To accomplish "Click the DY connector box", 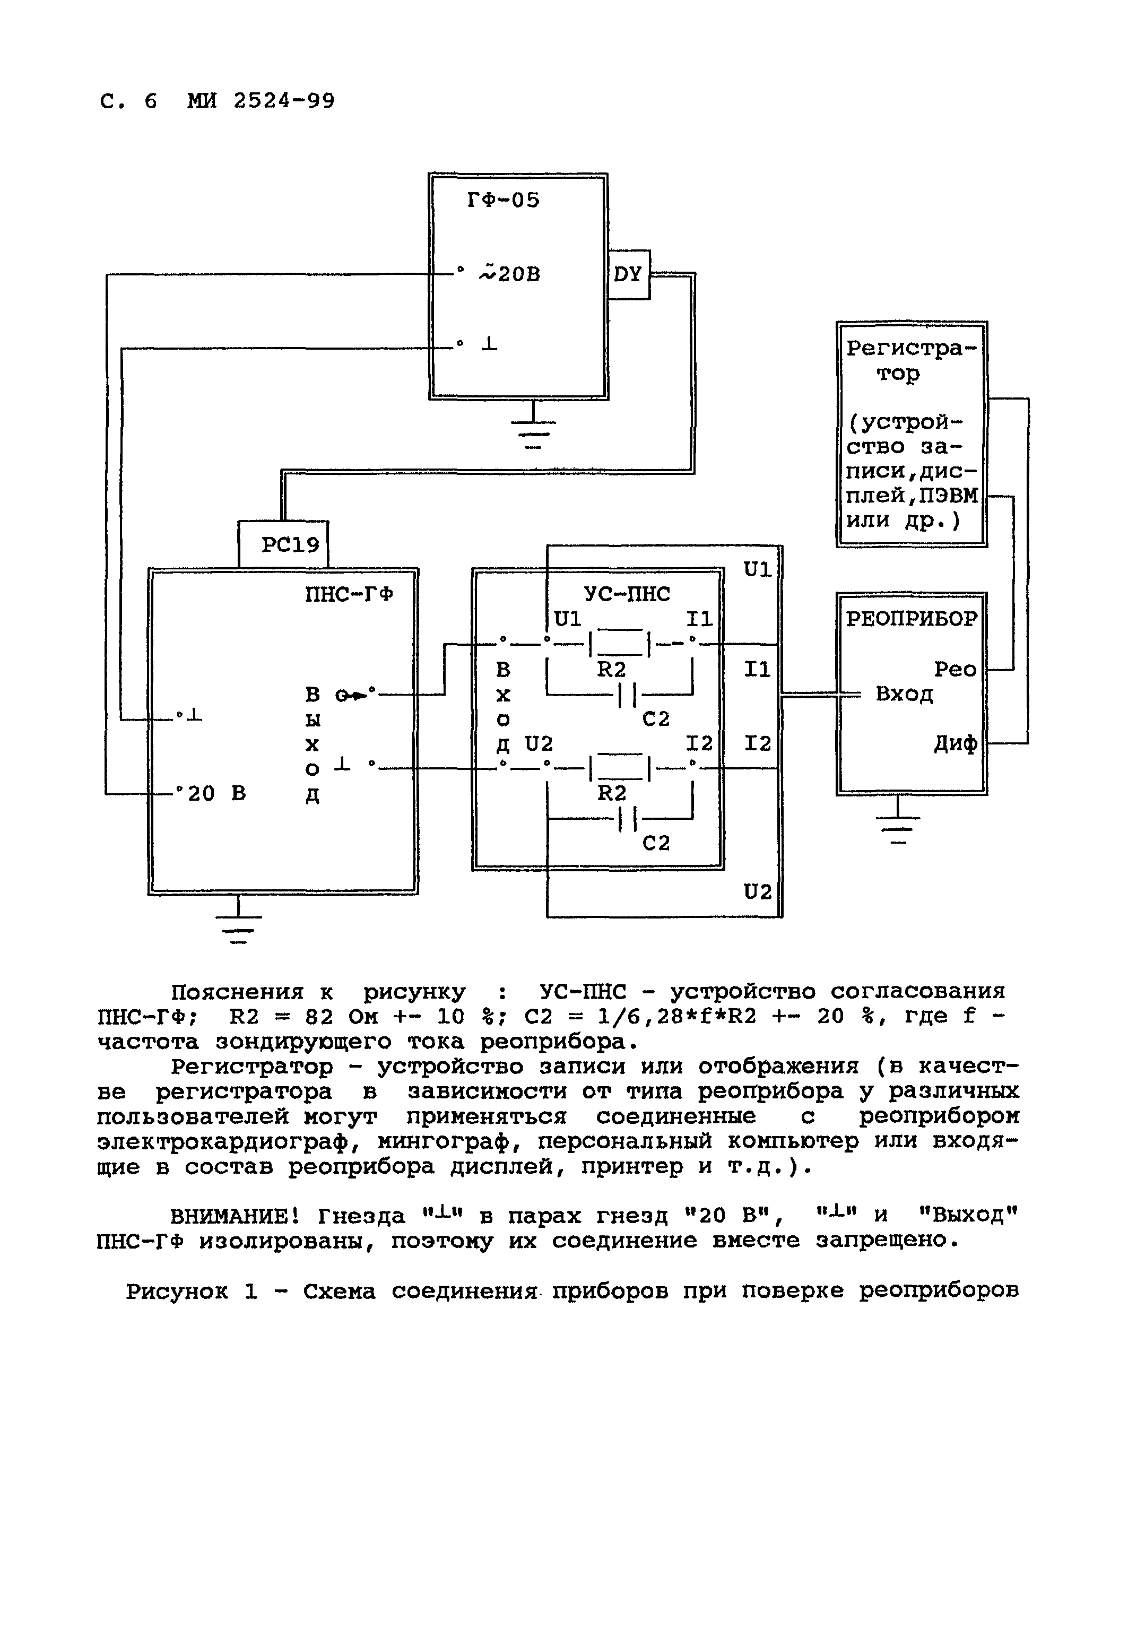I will click(628, 275).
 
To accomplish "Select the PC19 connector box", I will click(290, 545).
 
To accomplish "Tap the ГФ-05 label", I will click(503, 201).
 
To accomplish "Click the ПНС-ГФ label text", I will click(349, 594).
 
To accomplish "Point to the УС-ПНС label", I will click(627, 594).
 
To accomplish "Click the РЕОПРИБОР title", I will click(912, 619).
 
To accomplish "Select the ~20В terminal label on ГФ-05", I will click(510, 273).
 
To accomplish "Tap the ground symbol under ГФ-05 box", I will click(534, 430).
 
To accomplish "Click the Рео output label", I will click(955, 669).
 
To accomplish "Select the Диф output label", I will click(956, 743).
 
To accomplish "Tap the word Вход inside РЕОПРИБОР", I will click(904, 694).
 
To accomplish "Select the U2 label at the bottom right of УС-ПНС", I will click(758, 892).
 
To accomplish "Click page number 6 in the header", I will click(151, 101).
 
